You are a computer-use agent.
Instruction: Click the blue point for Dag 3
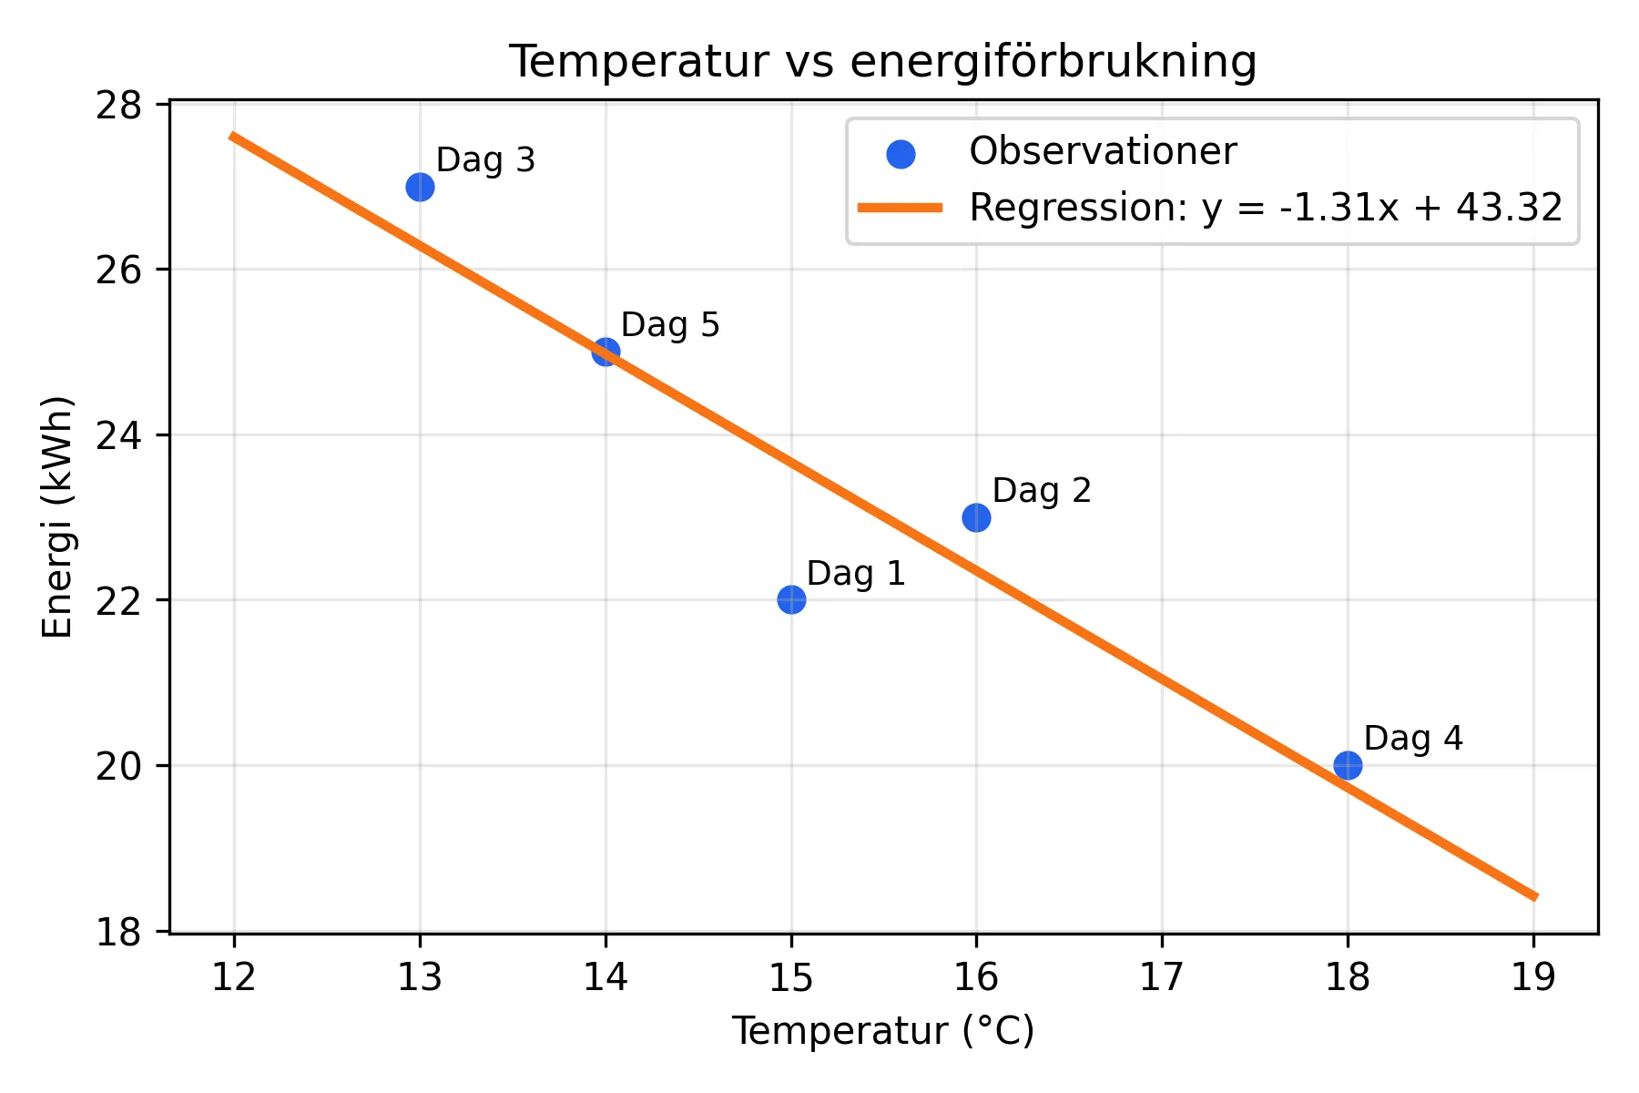[420, 187]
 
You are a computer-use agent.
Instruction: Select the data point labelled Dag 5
[606, 352]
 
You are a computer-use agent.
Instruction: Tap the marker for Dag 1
[791, 599]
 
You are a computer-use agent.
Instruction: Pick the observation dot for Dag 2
[976, 517]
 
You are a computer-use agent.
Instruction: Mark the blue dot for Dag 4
[1348, 765]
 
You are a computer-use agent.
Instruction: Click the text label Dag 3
[485, 160]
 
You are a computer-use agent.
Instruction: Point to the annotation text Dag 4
[1412, 739]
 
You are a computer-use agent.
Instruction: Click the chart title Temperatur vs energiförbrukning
[882, 62]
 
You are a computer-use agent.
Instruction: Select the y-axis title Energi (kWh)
[57, 517]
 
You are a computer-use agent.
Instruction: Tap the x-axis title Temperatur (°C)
[882, 1032]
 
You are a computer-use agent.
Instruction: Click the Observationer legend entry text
[1102, 151]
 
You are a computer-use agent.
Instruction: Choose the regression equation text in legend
[1266, 208]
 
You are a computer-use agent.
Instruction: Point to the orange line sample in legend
[900, 209]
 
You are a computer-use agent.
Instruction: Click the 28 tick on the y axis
[118, 105]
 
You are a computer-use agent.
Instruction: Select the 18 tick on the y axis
[118, 932]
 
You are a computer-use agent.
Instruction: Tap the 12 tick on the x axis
[234, 977]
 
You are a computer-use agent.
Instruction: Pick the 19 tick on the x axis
[1533, 977]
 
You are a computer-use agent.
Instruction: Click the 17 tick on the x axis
[1162, 977]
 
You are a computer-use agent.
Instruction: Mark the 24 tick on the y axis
[118, 435]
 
